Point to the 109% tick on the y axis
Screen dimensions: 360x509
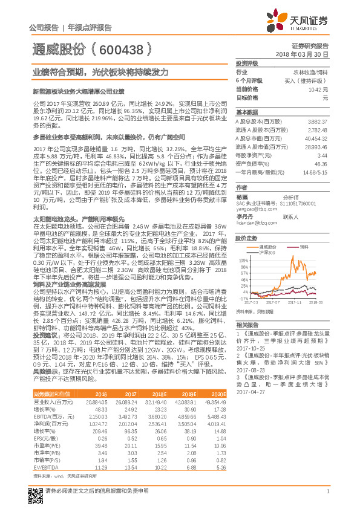(x=243, y=258)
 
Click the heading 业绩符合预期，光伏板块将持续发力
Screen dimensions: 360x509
(x=100, y=72)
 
